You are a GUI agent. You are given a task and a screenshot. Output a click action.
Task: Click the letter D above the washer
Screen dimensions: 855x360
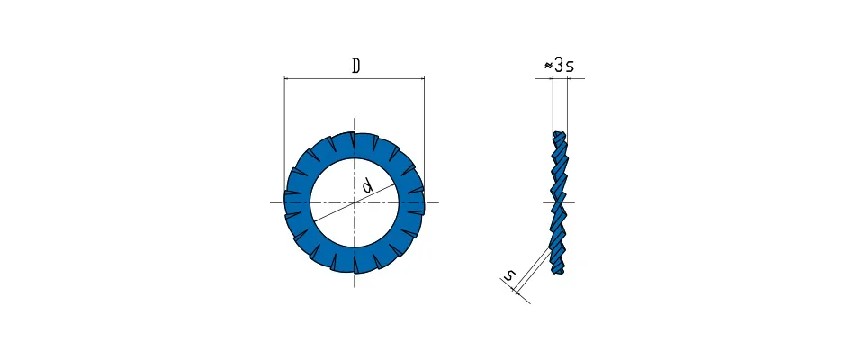[x=355, y=66]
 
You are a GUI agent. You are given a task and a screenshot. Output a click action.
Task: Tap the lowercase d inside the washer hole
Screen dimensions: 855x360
[x=367, y=186]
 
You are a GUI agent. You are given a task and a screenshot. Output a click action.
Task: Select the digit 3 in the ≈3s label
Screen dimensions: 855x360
[x=558, y=66]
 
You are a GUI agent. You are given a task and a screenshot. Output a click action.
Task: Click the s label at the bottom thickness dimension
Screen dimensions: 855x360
[x=508, y=276]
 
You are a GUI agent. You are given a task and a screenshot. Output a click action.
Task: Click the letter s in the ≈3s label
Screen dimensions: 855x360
[x=570, y=67]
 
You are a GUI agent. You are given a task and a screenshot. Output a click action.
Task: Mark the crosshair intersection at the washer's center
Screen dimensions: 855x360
[x=355, y=202]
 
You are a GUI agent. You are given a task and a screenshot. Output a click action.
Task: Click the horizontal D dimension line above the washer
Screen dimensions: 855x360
[x=355, y=78]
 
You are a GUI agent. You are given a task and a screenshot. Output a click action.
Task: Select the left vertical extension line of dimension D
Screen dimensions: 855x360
[x=284, y=137]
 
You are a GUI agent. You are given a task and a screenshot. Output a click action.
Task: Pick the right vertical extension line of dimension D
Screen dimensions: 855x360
[x=424, y=137]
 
